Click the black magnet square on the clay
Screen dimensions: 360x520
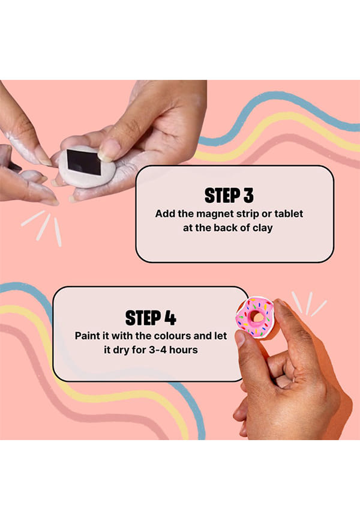84,162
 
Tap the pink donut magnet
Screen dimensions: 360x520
254,318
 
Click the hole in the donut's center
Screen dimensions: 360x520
257,316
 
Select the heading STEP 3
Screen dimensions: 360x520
229,195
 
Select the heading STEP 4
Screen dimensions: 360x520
151,318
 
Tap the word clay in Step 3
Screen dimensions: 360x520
263,228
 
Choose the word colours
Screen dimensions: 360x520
172,336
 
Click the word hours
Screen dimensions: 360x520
184,350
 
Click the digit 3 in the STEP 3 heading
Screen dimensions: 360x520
248,195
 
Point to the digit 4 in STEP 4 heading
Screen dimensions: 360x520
170,318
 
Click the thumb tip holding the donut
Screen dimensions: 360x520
241,339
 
